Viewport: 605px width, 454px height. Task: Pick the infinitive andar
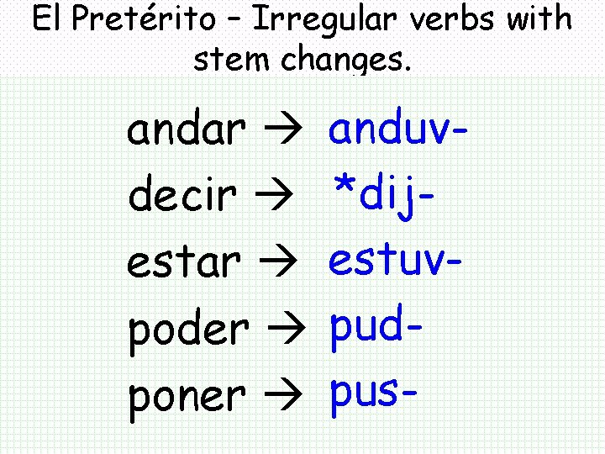(x=186, y=131)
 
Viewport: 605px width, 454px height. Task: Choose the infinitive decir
(x=180, y=196)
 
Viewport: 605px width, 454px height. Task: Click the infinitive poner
(x=187, y=394)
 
